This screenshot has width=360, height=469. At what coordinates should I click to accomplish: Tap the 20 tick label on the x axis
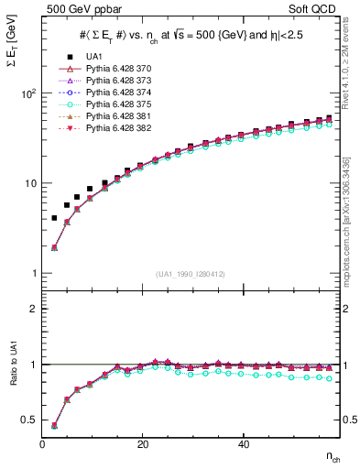click(142, 445)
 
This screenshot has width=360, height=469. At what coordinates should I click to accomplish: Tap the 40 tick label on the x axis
click(243, 445)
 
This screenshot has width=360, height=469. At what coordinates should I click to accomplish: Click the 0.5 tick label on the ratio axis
click(30, 420)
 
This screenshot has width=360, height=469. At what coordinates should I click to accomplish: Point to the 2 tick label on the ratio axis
click(34, 309)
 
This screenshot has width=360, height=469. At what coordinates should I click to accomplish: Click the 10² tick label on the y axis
click(28, 93)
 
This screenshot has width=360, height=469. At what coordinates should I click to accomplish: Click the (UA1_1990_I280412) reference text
click(190, 274)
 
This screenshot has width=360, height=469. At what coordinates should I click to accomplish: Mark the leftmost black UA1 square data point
click(54, 218)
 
